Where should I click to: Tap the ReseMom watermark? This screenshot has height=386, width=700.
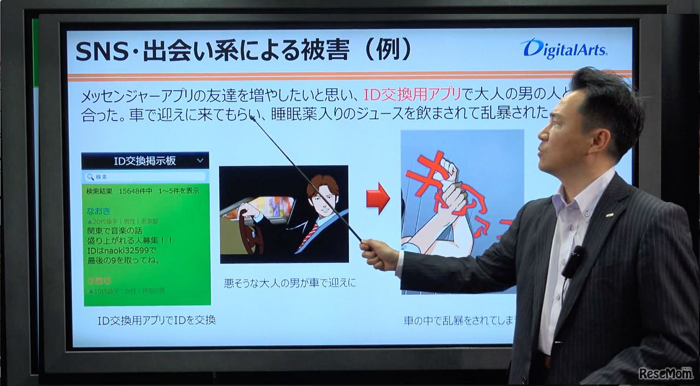666,373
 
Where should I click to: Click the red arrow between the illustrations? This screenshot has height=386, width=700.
377,198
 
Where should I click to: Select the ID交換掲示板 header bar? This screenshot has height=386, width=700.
145,161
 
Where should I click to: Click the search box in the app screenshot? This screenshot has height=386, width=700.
145,177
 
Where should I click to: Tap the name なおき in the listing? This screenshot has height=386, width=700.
98,210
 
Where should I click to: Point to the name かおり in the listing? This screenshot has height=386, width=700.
98,280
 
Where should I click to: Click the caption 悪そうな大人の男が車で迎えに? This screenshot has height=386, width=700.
290,283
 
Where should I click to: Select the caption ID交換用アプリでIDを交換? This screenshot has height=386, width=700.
156,320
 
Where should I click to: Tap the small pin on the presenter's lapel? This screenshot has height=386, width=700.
609,215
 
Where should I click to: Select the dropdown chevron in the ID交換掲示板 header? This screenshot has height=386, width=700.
200,161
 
